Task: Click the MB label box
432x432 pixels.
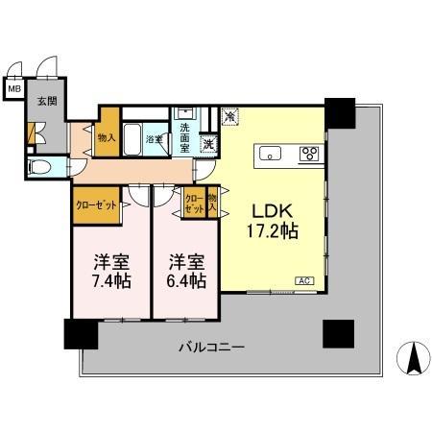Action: pyautogui.click(x=13, y=90)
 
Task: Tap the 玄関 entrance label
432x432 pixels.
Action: pyautogui.click(x=46, y=102)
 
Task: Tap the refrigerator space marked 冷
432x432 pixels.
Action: pyautogui.click(x=230, y=117)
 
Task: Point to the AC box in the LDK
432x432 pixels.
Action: pyautogui.click(x=303, y=281)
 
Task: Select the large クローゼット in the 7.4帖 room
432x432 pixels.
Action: pyautogui.click(x=96, y=204)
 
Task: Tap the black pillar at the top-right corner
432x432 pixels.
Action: pyautogui.click(x=339, y=111)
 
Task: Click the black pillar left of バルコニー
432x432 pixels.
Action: pyautogui.click(x=81, y=333)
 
